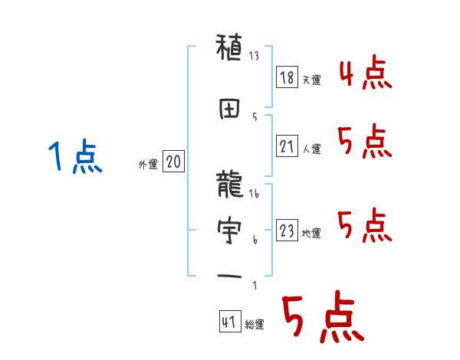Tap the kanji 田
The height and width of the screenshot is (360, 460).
(230, 109)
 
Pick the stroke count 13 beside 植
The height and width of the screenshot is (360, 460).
(255, 56)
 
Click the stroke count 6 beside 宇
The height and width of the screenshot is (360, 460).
(255, 239)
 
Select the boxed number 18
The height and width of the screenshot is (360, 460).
(287, 77)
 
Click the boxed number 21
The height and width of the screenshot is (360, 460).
(287, 146)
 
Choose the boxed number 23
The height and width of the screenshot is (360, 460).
(287, 230)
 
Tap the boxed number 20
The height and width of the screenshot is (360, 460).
(174, 162)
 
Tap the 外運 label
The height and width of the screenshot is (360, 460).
(147, 164)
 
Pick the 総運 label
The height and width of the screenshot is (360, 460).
(255, 324)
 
